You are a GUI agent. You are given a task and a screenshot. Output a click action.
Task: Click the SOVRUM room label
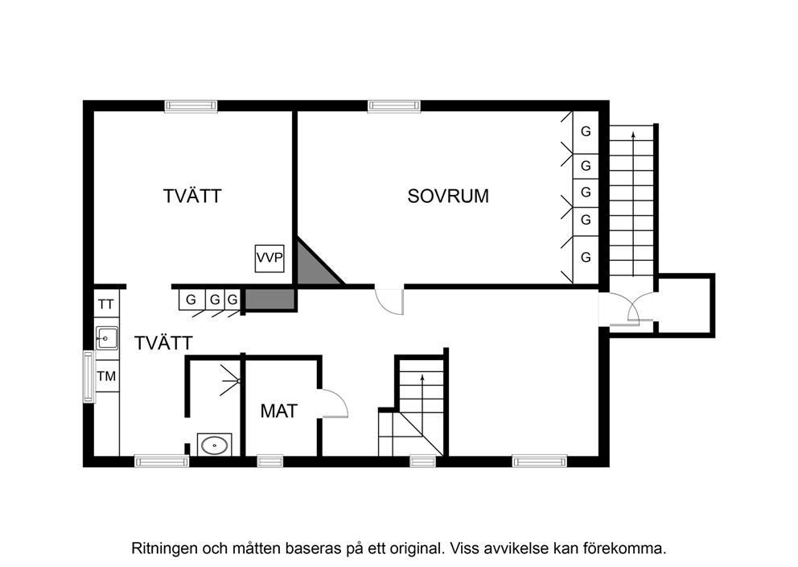(x=448, y=197)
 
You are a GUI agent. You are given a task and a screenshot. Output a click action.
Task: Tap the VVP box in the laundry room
(x=269, y=259)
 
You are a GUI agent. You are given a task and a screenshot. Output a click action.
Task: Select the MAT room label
(x=279, y=411)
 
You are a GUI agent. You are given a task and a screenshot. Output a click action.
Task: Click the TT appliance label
(x=106, y=304)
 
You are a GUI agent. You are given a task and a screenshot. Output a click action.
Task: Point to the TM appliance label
(x=106, y=376)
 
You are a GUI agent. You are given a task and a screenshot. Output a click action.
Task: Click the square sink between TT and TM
(x=107, y=338)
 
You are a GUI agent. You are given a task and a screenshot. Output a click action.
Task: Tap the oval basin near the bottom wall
(x=214, y=445)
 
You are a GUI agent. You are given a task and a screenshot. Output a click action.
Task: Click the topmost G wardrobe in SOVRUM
(x=586, y=131)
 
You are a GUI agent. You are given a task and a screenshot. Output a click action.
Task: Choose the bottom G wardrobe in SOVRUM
(x=586, y=257)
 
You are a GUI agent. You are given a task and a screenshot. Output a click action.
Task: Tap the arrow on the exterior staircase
(x=633, y=204)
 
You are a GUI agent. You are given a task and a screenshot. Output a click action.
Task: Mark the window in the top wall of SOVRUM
(x=394, y=106)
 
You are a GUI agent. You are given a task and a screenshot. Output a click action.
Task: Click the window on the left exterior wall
(x=89, y=376)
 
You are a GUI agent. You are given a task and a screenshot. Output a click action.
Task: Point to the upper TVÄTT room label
(x=192, y=197)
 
